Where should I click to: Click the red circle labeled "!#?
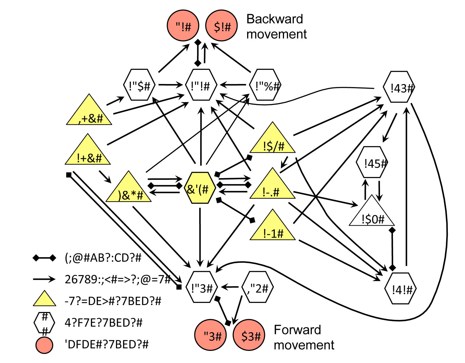[183, 26]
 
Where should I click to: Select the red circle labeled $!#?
[222, 26]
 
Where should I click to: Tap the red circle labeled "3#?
[211, 335]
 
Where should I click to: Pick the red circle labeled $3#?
[249, 335]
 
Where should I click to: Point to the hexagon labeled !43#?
[399, 87]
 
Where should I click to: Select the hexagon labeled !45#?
[372, 162]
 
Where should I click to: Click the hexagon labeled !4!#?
[401, 288]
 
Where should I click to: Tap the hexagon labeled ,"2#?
[258, 287]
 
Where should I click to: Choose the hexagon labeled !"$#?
[140, 85]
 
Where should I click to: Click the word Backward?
[275, 19]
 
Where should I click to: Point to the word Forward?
[297, 330]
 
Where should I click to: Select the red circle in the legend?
[44, 345]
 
